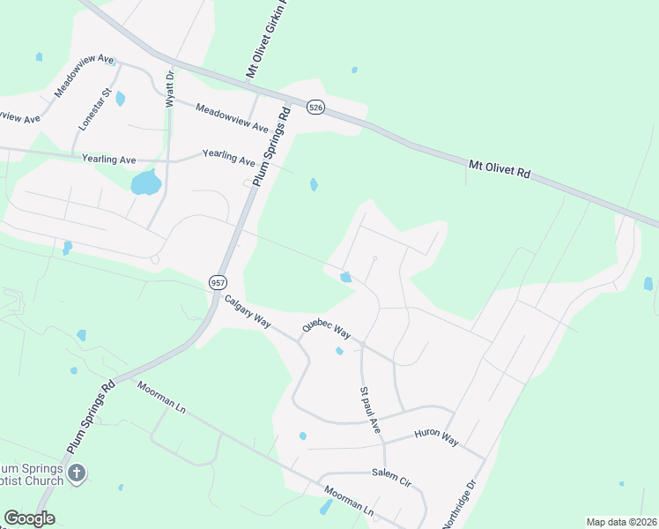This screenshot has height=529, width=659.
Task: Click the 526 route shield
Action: click(316, 108)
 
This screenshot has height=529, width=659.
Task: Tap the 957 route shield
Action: click(218, 282)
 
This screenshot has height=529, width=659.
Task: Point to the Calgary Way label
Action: click(247, 312)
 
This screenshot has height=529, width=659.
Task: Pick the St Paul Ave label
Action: click(369, 409)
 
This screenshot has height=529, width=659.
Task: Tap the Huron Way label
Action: click(436, 436)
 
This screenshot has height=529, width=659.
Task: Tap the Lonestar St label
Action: click(93, 109)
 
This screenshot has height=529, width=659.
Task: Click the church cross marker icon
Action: click(77, 474)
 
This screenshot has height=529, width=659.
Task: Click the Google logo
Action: click(29, 518)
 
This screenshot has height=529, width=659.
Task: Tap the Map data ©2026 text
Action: click(621, 522)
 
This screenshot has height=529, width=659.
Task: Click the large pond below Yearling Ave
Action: click(145, 183)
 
